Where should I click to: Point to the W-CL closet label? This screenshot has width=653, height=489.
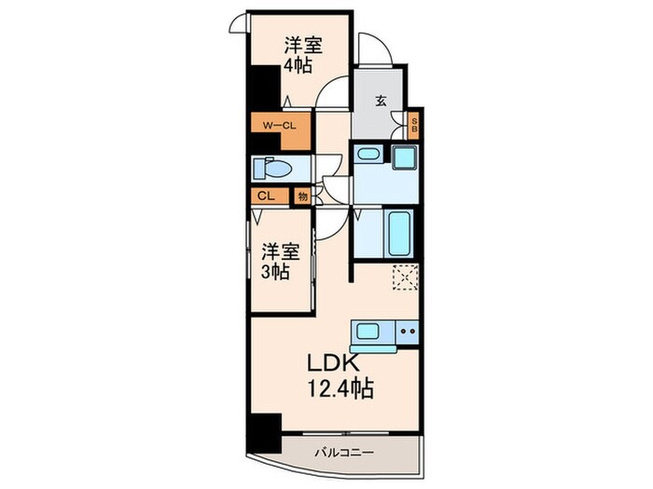tap(278, 124)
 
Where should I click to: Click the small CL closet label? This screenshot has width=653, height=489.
tap(266, 197)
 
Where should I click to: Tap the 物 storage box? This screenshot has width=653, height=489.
tap(303, 197)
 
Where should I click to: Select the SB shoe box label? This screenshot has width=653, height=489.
tap(415, 125)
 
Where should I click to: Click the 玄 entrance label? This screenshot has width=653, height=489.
tap(382, 102)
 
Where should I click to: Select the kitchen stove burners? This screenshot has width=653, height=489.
tap(406, 331)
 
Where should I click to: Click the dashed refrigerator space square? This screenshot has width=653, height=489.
tap(406, 277)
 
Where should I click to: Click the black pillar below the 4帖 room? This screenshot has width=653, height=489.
tap(262, 93)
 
